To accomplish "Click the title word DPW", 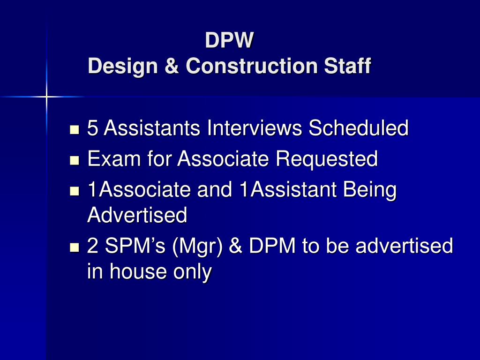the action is click(229, 40).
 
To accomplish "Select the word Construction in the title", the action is click(251, 66).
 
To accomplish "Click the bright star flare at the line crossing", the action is click(46, 97).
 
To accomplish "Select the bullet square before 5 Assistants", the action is click(75, 129).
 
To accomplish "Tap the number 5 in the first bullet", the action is click(92, 127).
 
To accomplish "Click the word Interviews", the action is click(255, 127).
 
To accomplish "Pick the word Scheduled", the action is click(358, 127).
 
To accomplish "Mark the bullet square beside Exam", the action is click(75, 160).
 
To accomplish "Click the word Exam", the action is click(114, 158).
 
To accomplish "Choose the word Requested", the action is click(326, 159).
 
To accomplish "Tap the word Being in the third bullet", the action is click(369, 190).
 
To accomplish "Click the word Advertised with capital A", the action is click(137, 215).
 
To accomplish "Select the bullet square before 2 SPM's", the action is click(75, 247).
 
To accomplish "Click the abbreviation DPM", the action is click(272, 246).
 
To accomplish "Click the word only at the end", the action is click(193, 272).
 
